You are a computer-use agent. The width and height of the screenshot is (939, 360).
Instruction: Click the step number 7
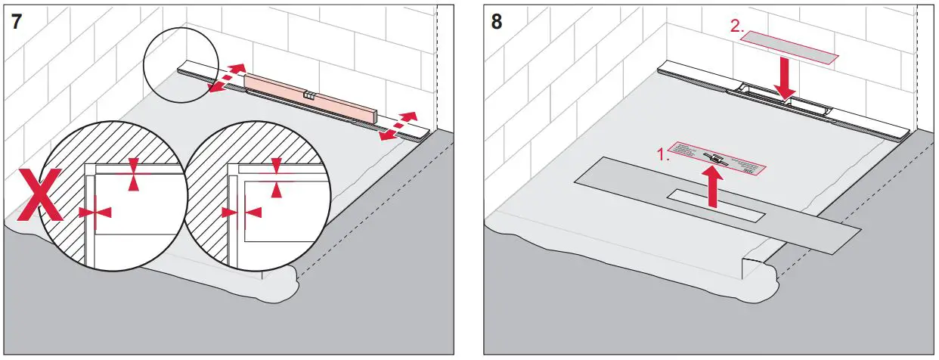click(x=16, y=20)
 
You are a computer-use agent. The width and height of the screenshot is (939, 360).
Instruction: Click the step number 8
click(x=496, y=20)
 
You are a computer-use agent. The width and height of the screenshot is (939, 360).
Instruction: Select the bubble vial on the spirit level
click(x=308, y=95)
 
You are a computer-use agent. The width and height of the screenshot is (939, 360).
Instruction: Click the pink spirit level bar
click(x=309, y=96)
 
